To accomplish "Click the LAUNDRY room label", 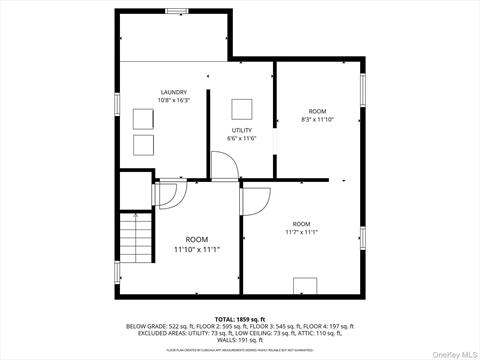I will (174, 92).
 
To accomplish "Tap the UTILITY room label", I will (243, 130).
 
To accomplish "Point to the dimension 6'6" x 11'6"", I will (243, 138).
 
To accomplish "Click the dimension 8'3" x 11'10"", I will (316, 119).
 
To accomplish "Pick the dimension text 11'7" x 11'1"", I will (301, 232).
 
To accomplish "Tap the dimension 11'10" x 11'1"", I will (196, 249).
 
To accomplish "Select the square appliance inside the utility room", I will (243, 108).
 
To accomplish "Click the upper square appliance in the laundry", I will (143, 118).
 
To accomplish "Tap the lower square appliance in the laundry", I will (143, 146).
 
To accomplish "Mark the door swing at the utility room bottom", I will (224, 166).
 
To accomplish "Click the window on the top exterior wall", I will (178, 10).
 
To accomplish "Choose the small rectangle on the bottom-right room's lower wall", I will (305, 288).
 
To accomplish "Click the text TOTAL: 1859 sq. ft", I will (239, 319).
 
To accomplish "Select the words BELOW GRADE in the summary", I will (146, 326).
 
